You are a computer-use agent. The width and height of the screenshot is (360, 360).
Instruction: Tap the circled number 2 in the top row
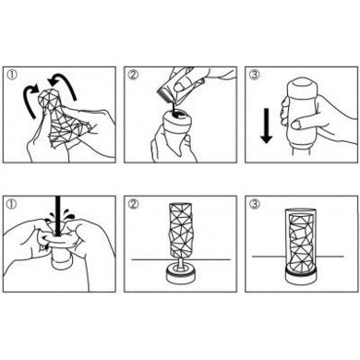[x=136, y=74]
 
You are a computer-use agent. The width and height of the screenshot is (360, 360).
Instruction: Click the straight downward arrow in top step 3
[x=264, y=126]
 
